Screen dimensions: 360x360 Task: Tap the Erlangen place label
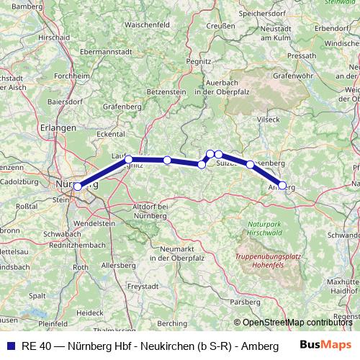coord(60,127)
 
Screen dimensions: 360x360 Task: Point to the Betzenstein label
coord(166,92)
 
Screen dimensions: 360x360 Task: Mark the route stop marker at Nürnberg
coord(78,186)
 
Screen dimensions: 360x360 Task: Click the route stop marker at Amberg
coord(282,185)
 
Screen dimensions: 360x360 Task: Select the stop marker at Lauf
coord(128,158)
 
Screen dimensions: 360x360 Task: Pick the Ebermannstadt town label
coord(91,52)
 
